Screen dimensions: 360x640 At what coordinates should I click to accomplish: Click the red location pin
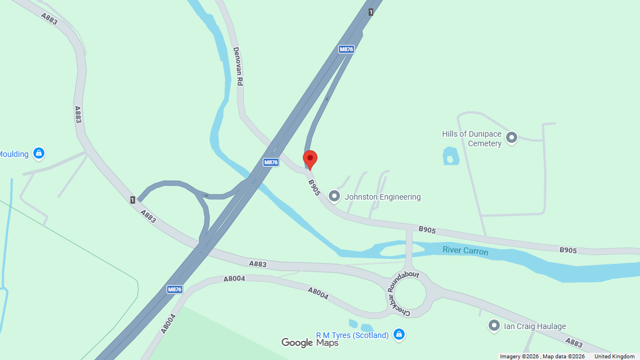[x=310, y=159]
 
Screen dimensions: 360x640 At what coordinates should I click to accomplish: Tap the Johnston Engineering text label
[x=383, y=197]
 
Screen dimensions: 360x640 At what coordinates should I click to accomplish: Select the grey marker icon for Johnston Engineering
[x=334, y=196]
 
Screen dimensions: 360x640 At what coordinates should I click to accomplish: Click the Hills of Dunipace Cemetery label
[x=472, y=138]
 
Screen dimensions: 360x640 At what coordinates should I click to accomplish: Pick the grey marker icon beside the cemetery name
[x=511, y=137]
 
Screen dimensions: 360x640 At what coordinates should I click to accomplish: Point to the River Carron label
[x=465, y=250]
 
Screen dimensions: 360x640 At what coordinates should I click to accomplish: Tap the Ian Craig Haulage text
[x=534, y=326]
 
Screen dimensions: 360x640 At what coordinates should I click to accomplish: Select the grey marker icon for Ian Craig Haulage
[x=494, y=326]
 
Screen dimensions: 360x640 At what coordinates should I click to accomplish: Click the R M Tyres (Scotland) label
[x=352, y=335]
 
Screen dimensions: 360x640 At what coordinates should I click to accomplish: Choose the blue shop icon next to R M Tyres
[x=399, y=335]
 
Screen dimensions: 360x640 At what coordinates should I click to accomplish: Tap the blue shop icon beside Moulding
[x=38, y=153]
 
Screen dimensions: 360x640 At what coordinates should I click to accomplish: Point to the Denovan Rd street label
[x=238, y=66]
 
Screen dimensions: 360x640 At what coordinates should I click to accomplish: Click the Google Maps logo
[x=310, y=343]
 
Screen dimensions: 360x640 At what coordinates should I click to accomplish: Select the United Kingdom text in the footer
[x=615, y=357]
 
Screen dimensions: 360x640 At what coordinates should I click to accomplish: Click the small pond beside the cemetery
[x=450, y=156]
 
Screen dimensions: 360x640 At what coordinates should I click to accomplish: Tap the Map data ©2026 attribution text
[x=563, y=357]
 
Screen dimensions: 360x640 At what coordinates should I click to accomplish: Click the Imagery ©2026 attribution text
[x=520, y=357]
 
